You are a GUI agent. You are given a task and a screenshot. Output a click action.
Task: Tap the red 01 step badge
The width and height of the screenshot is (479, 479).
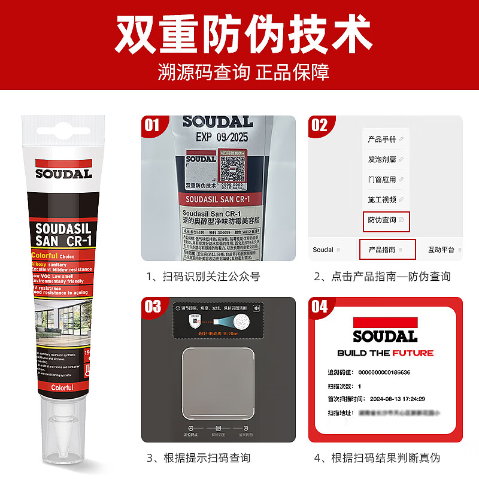coord(153,125)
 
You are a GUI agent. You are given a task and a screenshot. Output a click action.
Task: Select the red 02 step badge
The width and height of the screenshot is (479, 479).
coord(320,125)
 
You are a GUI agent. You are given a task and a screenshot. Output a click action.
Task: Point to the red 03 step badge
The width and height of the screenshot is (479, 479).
coord(153,307)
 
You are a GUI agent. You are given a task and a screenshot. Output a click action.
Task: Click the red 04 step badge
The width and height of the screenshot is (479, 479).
coord(320,307)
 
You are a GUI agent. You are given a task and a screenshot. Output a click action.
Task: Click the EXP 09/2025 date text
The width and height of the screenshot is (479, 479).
coord(222,137)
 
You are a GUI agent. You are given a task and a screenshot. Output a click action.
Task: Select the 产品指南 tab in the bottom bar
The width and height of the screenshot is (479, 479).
coord(386,250)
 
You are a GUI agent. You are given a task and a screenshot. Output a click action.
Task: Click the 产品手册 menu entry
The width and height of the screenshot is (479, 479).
coord(382,140)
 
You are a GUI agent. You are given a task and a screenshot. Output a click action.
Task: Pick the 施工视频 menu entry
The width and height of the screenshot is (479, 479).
coord(382,199)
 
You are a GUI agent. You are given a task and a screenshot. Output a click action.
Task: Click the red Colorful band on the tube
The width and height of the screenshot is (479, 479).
coord(62,387)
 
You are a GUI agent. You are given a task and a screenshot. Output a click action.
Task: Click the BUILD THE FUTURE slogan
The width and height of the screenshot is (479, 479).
coord(385,353)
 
